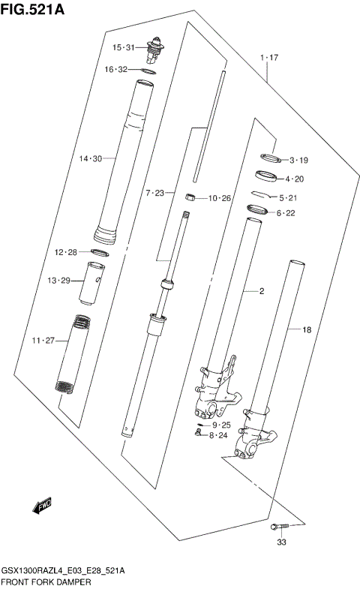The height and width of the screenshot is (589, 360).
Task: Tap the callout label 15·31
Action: point(123,48)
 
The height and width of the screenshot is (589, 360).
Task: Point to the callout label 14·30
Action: point(90,158)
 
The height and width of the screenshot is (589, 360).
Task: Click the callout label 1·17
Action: point(269,58)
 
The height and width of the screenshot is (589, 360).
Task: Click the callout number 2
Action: point(262,291)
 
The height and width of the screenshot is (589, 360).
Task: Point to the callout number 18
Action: point(306,329)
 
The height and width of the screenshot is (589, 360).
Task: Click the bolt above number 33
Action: point(280,526)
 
